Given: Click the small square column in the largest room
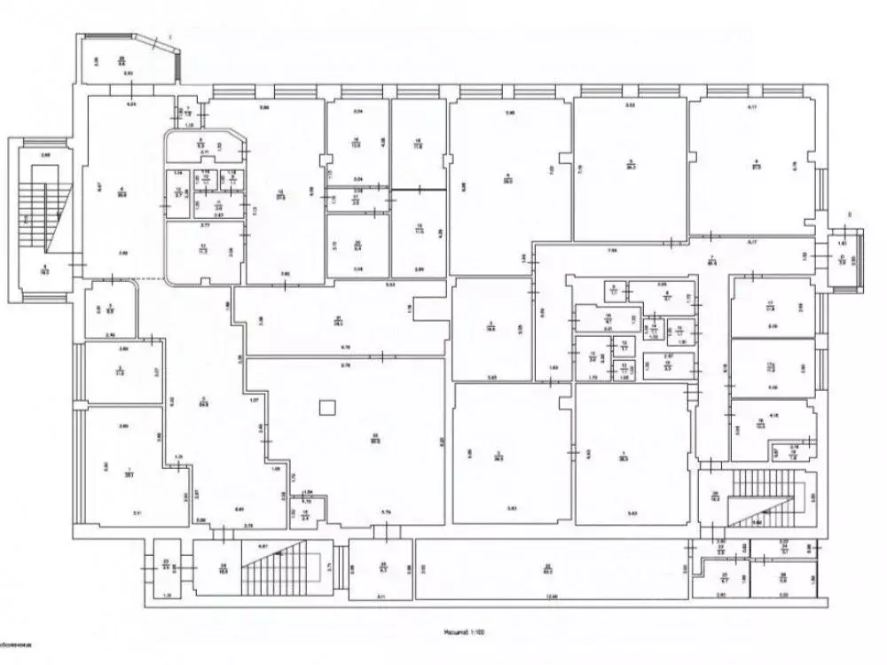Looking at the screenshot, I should [328, 408].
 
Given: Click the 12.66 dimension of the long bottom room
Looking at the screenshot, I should [552, 596].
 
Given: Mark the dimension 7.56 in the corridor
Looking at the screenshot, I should [612, 251].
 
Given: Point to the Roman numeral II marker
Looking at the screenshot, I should [850, 214].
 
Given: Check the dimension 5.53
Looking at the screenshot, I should [389, 285].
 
